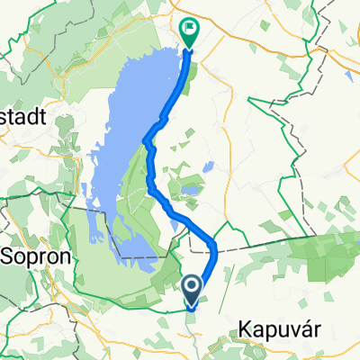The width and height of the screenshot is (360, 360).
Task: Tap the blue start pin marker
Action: point(193,288)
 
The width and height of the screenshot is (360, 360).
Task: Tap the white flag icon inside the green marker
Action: point(191,29)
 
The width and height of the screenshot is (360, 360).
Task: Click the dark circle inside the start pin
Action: point(193,285)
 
